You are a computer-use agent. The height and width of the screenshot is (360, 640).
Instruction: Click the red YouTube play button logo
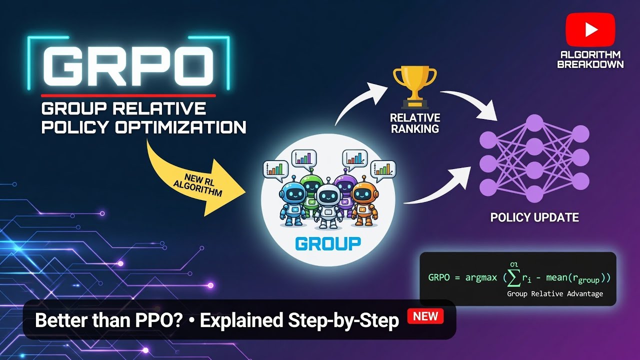coord(590,30)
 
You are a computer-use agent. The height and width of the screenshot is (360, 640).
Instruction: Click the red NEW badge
coord(425,316)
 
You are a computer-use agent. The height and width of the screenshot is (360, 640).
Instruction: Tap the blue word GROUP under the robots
coord(328,243)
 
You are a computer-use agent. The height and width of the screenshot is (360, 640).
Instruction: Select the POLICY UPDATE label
coord(534,217)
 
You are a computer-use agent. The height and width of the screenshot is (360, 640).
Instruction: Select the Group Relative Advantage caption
coord(554,293)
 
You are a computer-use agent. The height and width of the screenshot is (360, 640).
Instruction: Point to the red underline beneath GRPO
coord(128,95)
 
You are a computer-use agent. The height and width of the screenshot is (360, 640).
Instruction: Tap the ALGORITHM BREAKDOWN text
coord(590,59)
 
